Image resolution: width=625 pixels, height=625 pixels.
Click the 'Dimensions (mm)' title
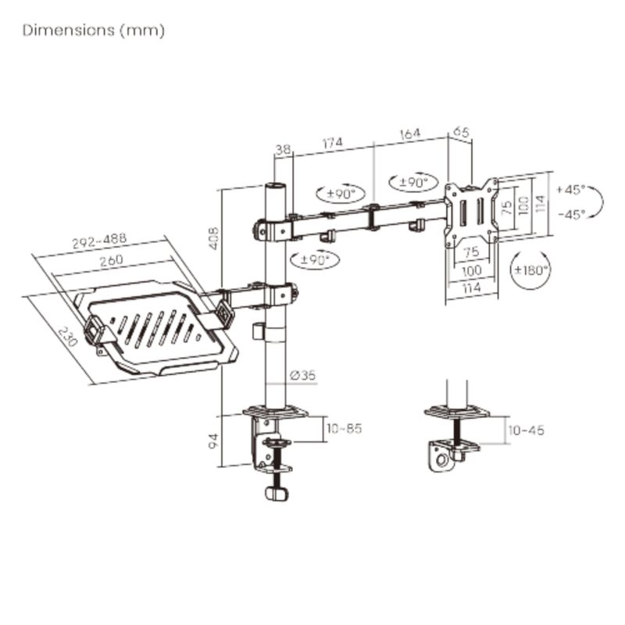(x=94, y=30)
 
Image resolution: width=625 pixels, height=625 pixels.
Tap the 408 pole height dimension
(x=214, y=238)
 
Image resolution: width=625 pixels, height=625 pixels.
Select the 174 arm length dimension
(x=333, y=143)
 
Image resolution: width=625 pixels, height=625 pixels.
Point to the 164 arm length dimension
(x=409, y=134)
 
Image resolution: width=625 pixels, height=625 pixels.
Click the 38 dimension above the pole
(x=283, y=149)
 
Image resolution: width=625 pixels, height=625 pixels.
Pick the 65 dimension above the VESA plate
(x=461, y=131)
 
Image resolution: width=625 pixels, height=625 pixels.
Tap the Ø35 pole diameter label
(x=303, y=375)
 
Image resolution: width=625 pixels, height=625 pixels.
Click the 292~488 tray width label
(x=99, y=241)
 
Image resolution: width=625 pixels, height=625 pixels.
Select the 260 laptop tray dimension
(x=111, y=261)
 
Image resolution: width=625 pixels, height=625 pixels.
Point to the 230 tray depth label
(x=67, y=337)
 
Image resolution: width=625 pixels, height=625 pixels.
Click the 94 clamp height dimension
(x=214, y=441)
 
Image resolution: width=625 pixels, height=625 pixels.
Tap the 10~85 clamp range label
(x=344, y=428)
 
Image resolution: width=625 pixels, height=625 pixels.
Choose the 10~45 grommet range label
(x=526, y=430)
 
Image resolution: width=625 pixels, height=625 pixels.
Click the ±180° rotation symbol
(x=530, y=270)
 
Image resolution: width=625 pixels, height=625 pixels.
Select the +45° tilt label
(x=570, y=189)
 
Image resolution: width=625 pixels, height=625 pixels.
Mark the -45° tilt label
(x=572, y=214)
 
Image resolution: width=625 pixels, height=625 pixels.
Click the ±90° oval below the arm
(x=315, y=260)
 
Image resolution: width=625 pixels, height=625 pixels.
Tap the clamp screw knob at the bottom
(x=276, y=494)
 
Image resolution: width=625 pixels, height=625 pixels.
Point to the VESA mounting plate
(x=472, y=212)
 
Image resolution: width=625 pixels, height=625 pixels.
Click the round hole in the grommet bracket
(x=441, y=460)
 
